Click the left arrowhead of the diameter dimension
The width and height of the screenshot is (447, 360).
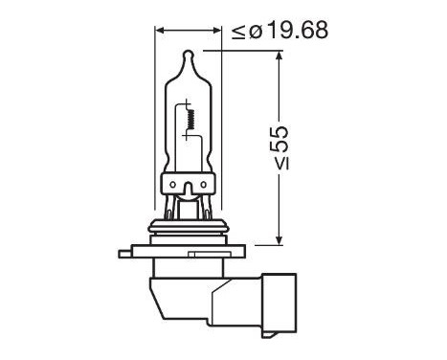[160, 30]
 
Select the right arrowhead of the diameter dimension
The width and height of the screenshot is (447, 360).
[216, 30]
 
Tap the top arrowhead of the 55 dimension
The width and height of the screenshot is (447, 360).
[279, 56]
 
